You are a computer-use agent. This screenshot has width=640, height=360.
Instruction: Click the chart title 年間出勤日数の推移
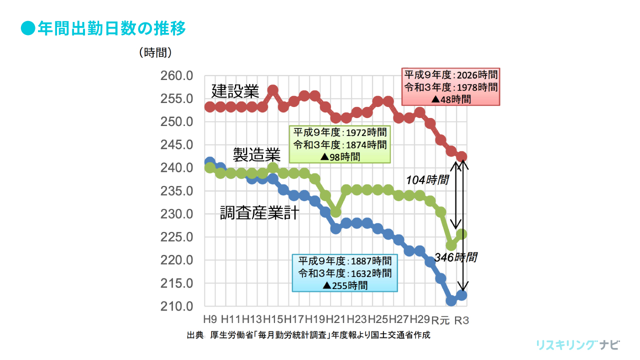pos(111,28)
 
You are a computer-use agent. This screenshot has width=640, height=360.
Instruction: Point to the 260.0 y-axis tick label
pos(176,76)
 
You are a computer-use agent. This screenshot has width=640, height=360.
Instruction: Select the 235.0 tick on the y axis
pos(176,191)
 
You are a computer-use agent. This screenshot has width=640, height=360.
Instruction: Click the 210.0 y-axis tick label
pos(176,306)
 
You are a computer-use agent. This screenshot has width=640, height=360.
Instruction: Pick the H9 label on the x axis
pos(210,319)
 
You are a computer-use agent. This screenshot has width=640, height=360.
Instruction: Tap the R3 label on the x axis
pos(461,320)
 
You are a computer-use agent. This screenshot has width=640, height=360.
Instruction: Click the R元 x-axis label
pos(440,320)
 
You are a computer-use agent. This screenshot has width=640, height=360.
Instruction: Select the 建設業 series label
pos(235,91)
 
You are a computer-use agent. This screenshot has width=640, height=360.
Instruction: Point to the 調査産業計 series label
pos(259,213)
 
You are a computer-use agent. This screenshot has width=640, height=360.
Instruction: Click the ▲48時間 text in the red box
pos(450,99)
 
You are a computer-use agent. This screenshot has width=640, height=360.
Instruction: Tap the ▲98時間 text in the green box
pos(339,156)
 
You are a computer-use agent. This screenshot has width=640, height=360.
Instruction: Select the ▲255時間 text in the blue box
pos(345,285)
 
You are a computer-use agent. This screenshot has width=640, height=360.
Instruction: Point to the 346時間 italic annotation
pos(455,257)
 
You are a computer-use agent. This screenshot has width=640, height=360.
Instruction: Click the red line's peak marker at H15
pos(273,90)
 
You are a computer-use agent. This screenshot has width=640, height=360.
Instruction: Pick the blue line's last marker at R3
pos(461,295)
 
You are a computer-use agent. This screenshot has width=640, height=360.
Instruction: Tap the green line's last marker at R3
pos(461,233)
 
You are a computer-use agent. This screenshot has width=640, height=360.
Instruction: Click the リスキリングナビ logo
pos(577,345)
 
